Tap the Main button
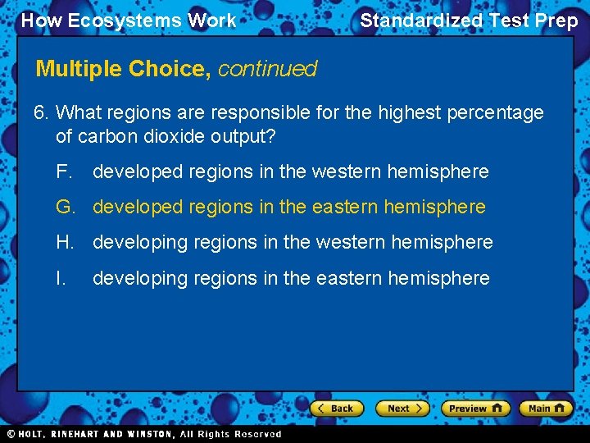click(x=547, y=408)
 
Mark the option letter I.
click(x=60, y=279)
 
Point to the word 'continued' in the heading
click(x=267, y=69)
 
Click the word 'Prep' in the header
click(x=556, y=21)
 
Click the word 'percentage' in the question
click(x=496, y=113)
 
